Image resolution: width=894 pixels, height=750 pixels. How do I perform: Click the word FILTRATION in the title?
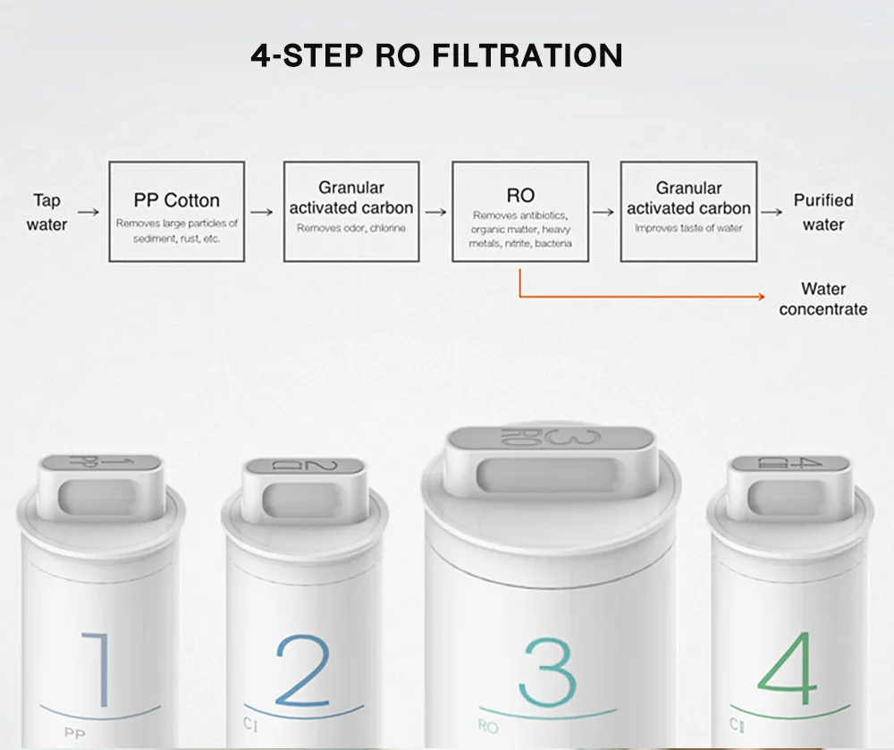[527, 55]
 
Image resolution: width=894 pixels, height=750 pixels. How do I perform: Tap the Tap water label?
[46, 212]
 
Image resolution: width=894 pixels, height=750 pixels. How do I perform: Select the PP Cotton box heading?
[177, 200]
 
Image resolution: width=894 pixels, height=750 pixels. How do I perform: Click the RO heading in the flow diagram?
[520, 196]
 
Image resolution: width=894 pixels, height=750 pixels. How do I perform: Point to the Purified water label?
[823, 212]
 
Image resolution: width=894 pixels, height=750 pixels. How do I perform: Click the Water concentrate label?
[823, 299]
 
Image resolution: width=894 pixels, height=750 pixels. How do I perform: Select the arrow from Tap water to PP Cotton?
[89, 212]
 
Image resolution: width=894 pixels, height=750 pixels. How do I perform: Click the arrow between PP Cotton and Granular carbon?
[262, 212]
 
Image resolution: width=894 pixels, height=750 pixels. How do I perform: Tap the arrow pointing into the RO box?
[436, 212]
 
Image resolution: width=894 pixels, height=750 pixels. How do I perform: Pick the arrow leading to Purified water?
[772, 212]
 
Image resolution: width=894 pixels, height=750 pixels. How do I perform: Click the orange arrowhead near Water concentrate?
[761, 297]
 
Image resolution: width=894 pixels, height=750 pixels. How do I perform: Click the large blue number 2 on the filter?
[303, 670]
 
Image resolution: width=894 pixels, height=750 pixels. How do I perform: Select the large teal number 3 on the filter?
[547, 672]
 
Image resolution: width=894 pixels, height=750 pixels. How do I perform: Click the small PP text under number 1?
[75, 733]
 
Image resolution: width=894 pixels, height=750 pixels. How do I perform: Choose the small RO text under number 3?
[488, 726]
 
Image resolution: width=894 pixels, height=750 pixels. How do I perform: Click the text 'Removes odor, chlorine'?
[351, 228]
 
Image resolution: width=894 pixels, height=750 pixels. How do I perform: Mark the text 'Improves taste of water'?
[688, 228]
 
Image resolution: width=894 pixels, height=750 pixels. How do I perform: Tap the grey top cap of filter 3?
[551, 438]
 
